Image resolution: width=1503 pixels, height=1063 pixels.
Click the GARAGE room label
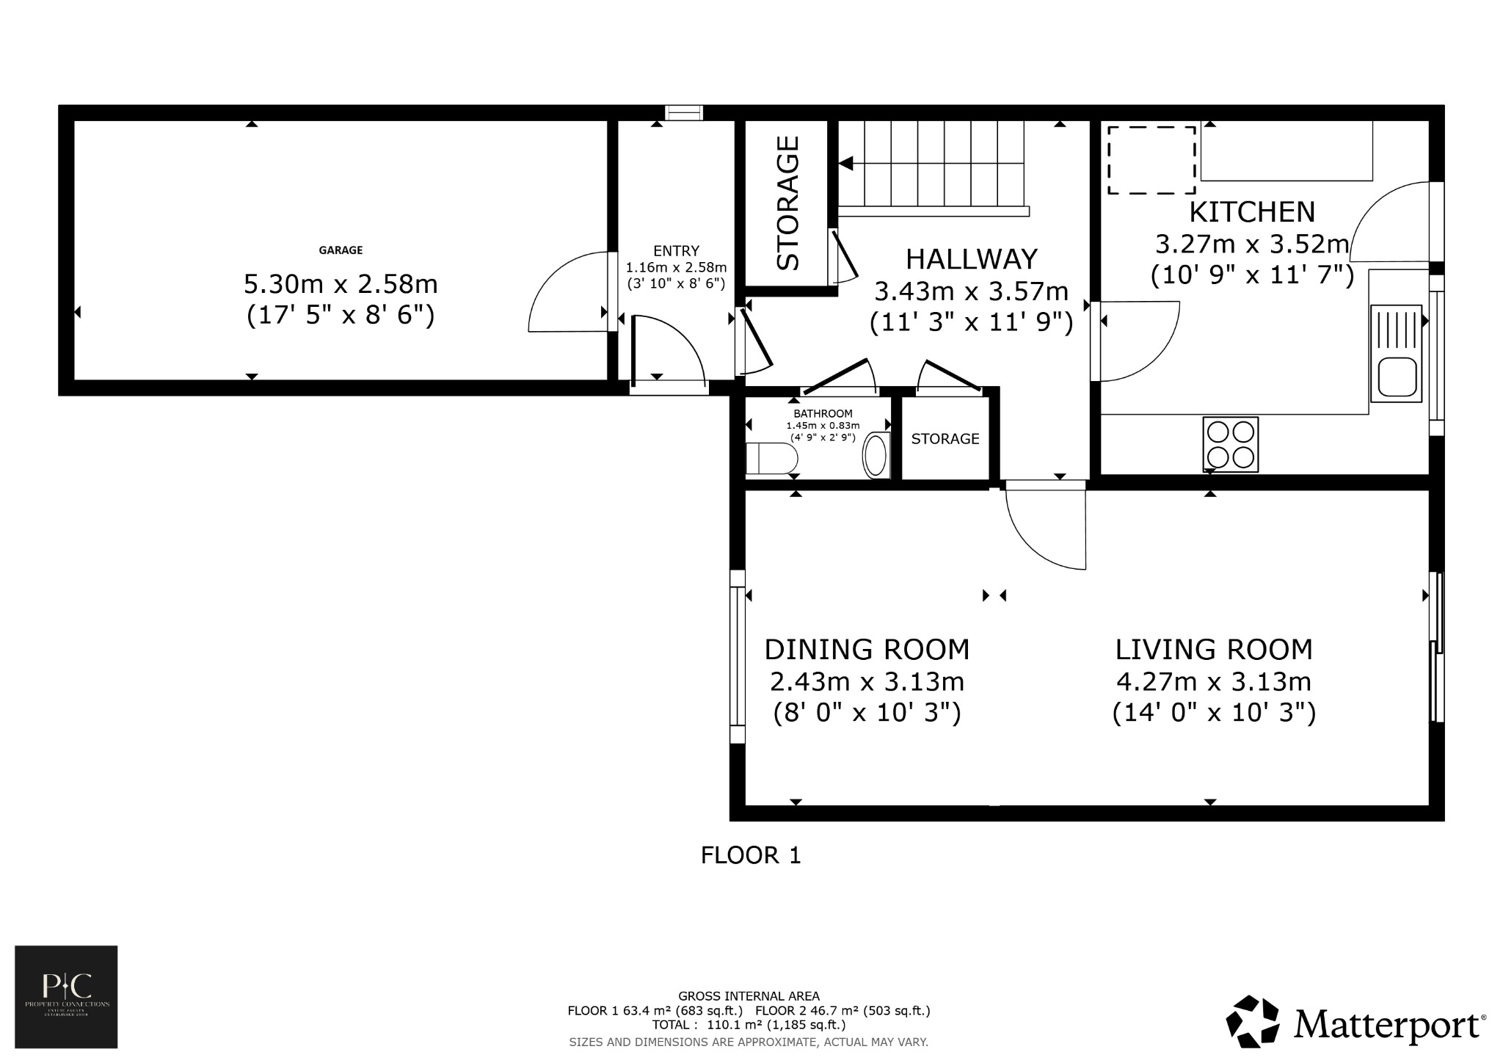[x=341, y=250]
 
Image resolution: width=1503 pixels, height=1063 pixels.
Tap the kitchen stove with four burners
[x=1230, y=444]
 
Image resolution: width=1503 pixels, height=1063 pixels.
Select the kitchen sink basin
[x=1397, y=377]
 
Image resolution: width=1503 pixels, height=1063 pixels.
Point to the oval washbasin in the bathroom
[x=876, y=455]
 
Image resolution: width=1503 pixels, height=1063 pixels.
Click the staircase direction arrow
[x=846, y=163]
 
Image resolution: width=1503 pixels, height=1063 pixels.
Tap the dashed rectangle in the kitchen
[x=1151, y=160]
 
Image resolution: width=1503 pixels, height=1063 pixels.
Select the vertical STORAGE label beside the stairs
[x=788, y=203]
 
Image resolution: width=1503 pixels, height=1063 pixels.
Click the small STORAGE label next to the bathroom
[x=945, y=439]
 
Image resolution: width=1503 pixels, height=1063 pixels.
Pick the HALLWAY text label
[x=972, y=259]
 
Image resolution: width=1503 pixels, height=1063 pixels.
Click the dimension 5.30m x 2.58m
[x=341, y=283]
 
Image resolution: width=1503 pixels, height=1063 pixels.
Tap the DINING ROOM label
[x=867, y=650]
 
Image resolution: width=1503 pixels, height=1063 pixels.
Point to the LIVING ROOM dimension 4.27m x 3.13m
[x=1214, y=682]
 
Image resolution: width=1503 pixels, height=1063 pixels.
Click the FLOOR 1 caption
[x=751, y=855]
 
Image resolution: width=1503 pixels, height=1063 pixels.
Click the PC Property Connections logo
[x=67, y=996]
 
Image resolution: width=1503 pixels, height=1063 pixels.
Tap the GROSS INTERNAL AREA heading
[x=749, y=996]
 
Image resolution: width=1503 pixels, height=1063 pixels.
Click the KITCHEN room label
[x=1252, y=212]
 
